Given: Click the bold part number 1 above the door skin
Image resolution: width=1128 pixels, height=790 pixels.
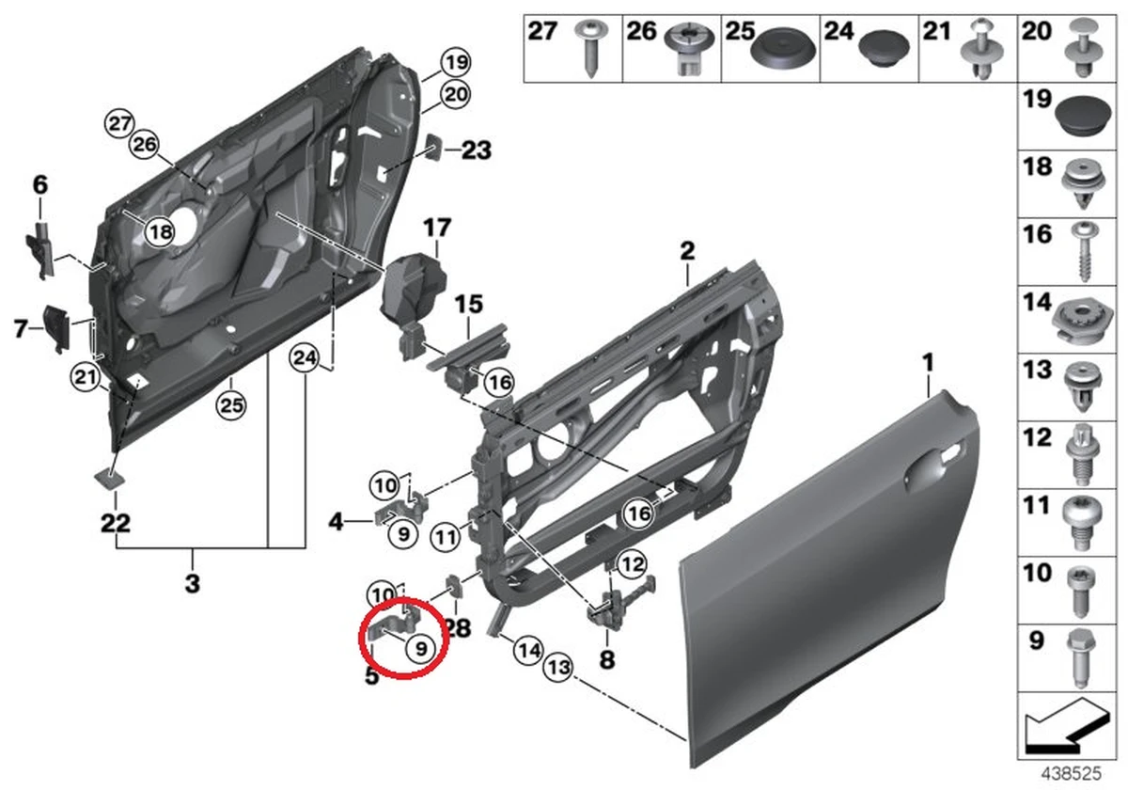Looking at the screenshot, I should point(928,360).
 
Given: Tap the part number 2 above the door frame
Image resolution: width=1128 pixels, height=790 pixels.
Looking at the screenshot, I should point(687,251).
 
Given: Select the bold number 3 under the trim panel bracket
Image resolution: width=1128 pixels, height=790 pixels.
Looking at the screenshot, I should point(192,583).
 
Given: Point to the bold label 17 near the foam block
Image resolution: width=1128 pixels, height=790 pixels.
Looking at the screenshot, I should point(437,228).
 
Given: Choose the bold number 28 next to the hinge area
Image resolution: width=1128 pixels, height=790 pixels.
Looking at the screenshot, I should point(459,627).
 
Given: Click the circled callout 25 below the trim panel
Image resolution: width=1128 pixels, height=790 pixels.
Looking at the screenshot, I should point(230,405).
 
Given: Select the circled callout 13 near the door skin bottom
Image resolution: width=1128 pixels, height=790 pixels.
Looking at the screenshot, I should point(558,668).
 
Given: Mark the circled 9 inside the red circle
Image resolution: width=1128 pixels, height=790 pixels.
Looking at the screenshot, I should point(419,646).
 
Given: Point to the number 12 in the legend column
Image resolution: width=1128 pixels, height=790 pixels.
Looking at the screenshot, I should point(1036,438).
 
